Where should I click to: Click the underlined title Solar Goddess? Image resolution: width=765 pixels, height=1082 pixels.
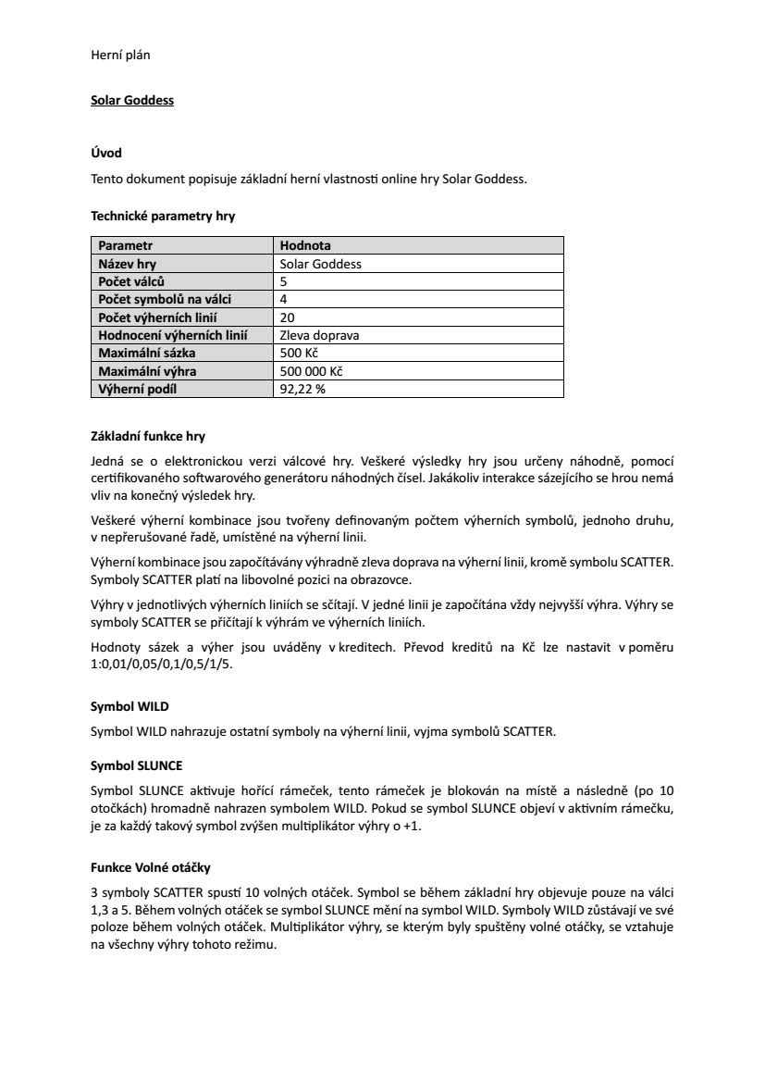(131, 100)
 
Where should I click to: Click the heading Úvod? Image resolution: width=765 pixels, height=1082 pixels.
(106, 153)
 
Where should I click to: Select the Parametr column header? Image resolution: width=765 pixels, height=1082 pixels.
(126, 245)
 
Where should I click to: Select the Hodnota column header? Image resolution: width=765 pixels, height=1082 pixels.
(305, 245)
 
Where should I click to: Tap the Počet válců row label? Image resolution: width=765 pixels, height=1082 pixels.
(132, 281)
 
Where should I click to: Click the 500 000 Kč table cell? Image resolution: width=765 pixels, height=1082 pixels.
(311, 371)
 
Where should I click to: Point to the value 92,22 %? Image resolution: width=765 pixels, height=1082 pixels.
(302, 389)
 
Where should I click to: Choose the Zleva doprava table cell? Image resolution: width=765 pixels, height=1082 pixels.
(319, 335)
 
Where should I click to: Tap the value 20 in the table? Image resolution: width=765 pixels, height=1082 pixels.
(287, 317)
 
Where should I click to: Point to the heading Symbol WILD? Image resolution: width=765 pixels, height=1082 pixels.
(130, 706)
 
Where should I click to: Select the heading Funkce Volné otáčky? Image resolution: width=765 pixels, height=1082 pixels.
(150, 867)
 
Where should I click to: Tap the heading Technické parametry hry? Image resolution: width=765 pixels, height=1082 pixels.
(163, 217)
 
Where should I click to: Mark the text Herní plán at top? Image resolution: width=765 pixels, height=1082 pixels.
(120, 55)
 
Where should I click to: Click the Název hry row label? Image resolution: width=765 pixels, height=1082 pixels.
(128, 264)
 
